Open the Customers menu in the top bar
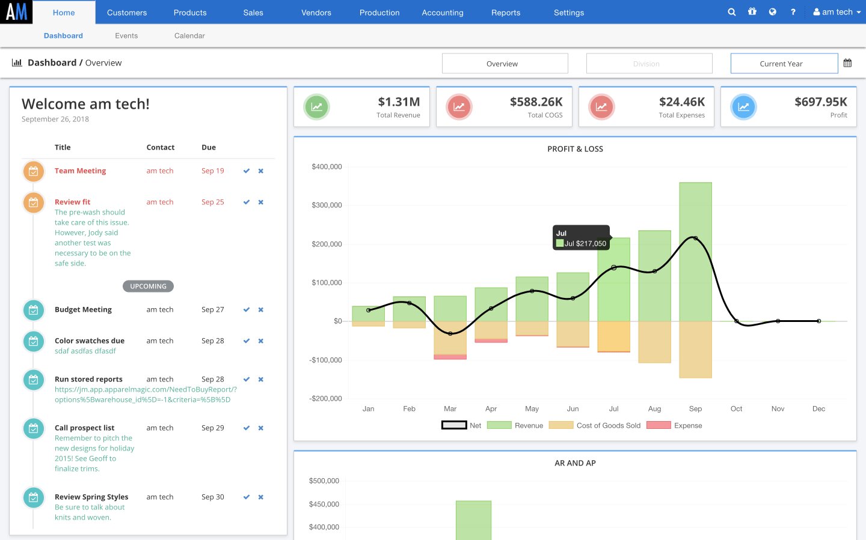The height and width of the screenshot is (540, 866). pyautogui.click(x=126, y=13)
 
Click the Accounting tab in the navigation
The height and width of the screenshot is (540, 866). pyautogui.click(x=442, y=13)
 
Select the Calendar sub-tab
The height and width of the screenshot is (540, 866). pyautogui.click(x=189, y=36)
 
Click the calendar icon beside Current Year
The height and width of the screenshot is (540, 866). pyautogui.click(x=847, y=63)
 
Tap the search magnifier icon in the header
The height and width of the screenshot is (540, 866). pyautogui.click(x=731, y=12)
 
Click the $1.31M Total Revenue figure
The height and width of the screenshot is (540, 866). pyautogui.click(x=399, y=102)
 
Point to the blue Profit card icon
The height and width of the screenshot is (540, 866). pyautogui.click(x=743, y=107)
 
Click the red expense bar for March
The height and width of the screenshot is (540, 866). pyautogui.click(x=450, y=357)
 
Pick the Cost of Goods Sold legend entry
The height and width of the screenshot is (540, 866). pyautogui.click(x=608, y=425)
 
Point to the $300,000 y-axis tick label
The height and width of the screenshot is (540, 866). pyautogui.click(x=327, y=205)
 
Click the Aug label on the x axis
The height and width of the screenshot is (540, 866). pyautogui.click(x=654, y=409)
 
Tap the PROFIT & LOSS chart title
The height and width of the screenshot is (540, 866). pyautogui.click(x=575, y=149)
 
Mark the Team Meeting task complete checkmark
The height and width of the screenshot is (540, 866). pyautogui.click(x=246, y=171)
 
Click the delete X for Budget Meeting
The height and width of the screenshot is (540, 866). pyautogui.click(x=261, y=310)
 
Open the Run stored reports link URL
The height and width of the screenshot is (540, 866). pyautogui.click(x=144, y=395)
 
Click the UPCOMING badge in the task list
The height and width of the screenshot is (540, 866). pyautogui.click(x=148, y=287)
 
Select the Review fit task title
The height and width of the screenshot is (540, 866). pyautogui.click(x=72, y=202)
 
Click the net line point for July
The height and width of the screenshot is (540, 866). pyautogui.click(x=613, y=267)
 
